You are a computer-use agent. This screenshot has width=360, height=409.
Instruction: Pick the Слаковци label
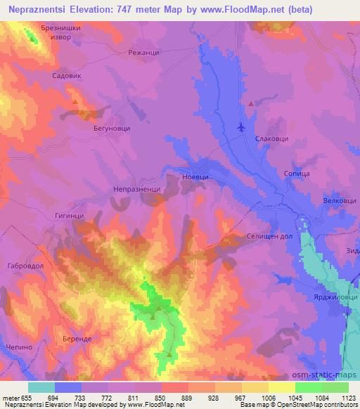271,139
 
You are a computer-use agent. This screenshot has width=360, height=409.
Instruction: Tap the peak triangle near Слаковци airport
250,104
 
